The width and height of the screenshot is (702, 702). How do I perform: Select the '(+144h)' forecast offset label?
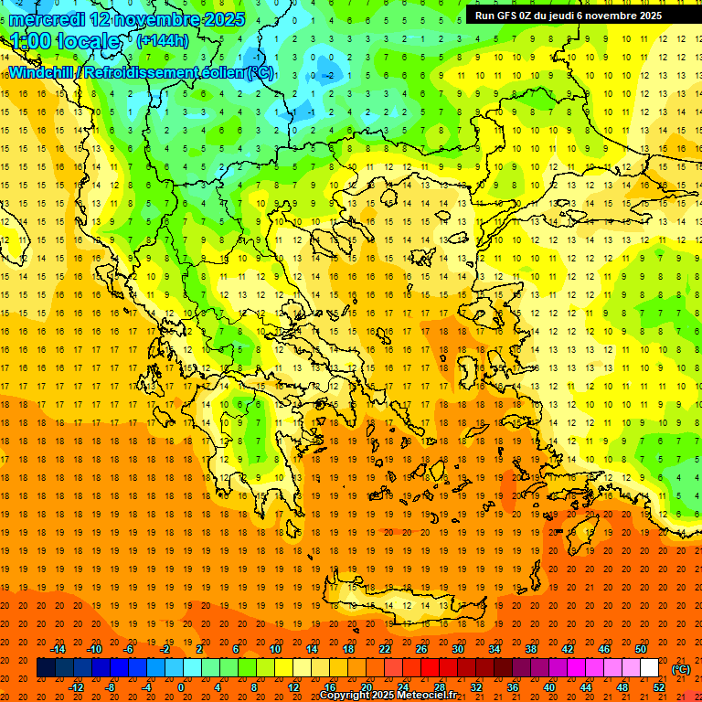(x=162, y=41)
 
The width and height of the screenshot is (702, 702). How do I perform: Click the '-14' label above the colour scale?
(x=58, y=649)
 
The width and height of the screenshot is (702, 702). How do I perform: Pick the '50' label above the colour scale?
(x=641, y=649)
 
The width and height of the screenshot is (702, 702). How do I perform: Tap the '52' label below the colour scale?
(x=659, y=687)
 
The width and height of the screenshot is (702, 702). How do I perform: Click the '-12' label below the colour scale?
(x=76, y=687)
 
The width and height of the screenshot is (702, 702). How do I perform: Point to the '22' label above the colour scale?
(x=385, y=649)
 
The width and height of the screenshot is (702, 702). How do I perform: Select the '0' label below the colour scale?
(x=180, y=687)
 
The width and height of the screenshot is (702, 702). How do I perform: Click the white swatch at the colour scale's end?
(x=650, y=668)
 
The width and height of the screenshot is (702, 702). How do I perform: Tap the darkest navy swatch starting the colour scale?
(x=46, y=668)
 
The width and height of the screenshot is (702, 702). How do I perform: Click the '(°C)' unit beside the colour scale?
(x=681, y=669)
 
